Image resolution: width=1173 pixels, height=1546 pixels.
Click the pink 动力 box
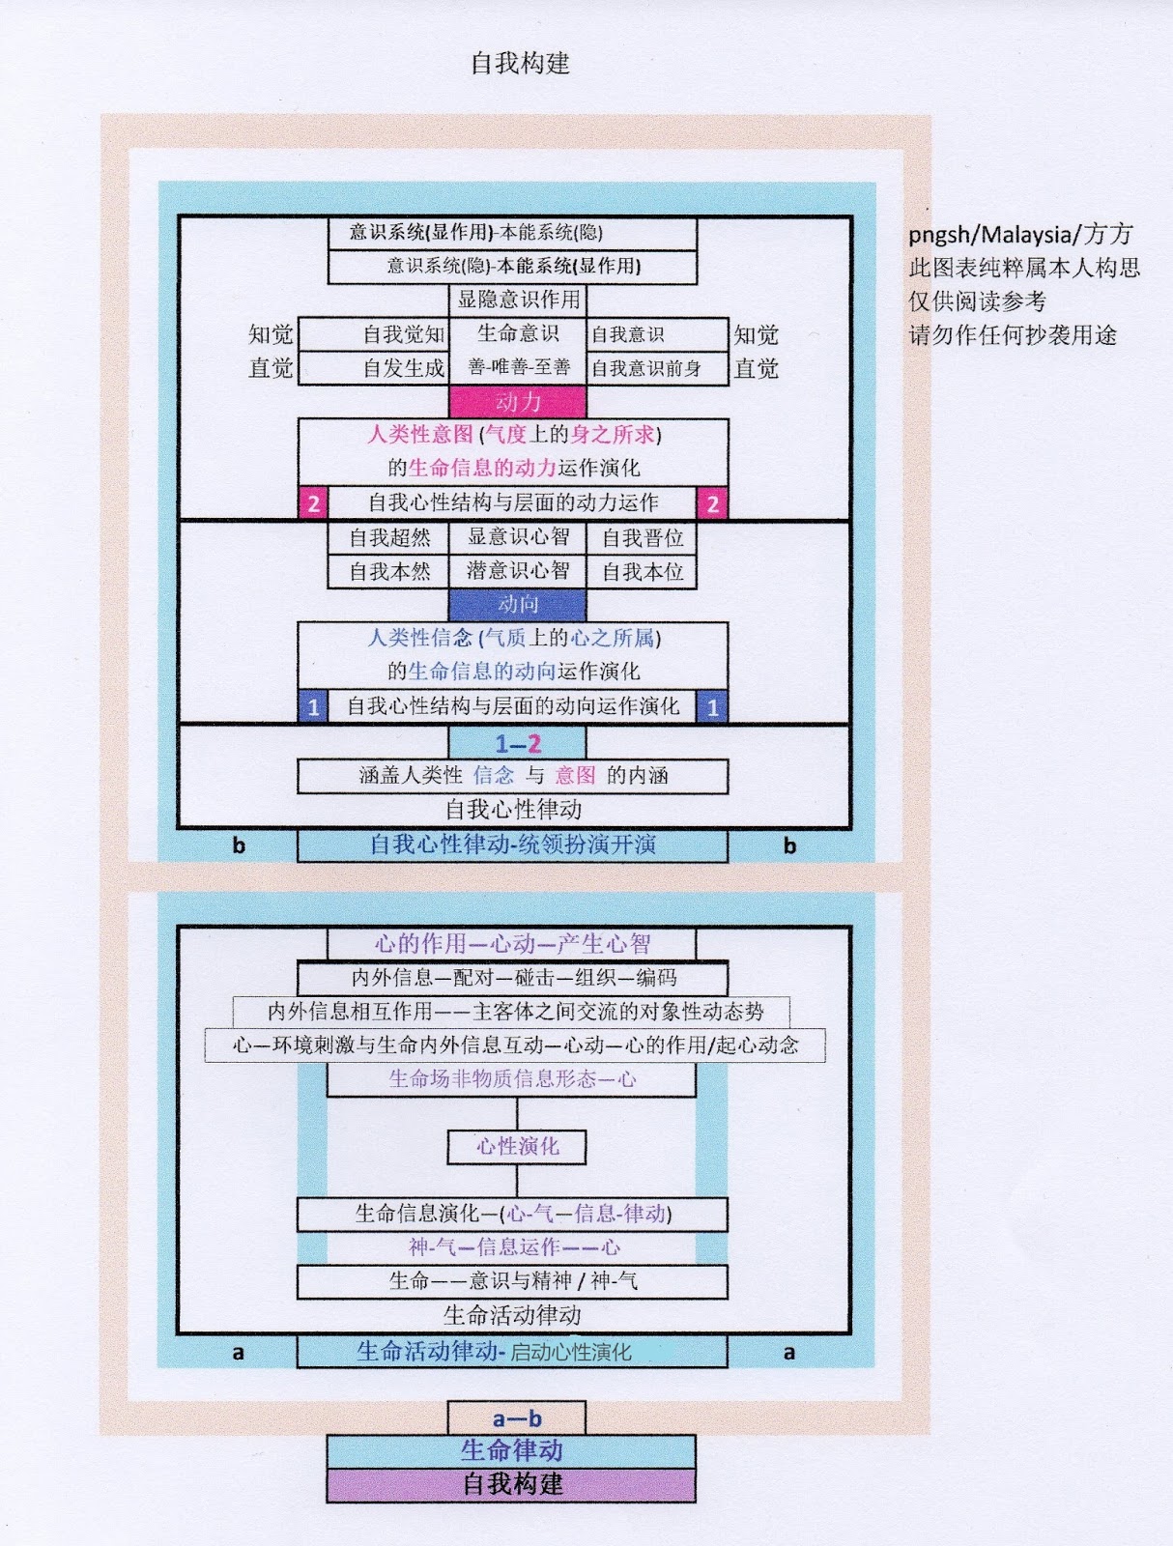coord(518,402)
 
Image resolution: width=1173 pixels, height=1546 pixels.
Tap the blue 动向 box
coord(518,605)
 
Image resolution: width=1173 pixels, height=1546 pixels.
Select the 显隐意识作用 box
coord(518,300)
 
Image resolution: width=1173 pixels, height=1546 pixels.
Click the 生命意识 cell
coord(518,334)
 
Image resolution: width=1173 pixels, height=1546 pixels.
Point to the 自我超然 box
coord(389,538)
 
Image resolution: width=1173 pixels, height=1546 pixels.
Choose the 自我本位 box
coord(643,572)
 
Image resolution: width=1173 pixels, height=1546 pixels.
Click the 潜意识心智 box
coord(518,571)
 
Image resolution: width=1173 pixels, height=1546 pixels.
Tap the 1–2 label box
coord(518,743)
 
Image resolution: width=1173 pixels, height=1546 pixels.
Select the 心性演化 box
coord(517,1147)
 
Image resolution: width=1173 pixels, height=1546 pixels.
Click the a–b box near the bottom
coord(517,1418)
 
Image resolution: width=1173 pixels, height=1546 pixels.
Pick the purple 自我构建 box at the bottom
coord(511,1484)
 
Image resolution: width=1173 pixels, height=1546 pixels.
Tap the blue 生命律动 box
coord(511,1450)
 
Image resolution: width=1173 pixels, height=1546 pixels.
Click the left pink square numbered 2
coord(313,503)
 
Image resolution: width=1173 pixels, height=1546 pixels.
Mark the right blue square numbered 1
coord(712,707)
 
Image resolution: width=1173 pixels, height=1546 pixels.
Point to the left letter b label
coord(239,845)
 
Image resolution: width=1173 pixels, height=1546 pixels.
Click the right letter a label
coord(789,1353)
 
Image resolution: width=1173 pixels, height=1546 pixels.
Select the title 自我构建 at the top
coord(520,64)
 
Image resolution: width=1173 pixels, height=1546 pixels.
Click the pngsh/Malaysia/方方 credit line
coord(1020,234)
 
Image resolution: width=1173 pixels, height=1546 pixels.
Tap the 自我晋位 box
coord(643,538)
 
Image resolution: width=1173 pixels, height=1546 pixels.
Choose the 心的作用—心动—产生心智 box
coord(512,944)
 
